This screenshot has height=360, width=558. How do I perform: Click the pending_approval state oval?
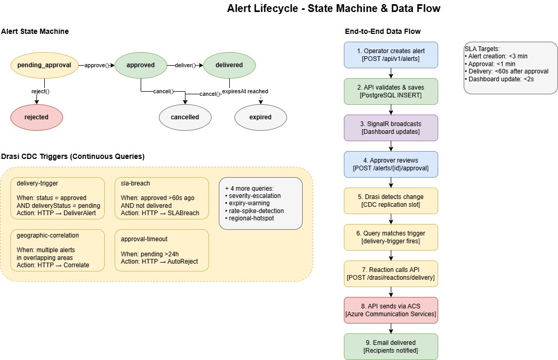(44, 65)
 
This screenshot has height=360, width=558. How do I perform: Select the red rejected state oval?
(36, 117)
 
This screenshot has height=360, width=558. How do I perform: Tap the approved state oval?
(141, 65)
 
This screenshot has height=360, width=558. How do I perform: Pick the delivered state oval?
(230, 65)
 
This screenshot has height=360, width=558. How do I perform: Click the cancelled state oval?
(185, 117)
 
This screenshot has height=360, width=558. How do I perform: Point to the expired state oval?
(261, 117)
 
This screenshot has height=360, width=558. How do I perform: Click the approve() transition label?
(96, 65)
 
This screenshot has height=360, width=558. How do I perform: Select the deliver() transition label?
(185, 65)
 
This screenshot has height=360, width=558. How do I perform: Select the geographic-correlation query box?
(58, 250)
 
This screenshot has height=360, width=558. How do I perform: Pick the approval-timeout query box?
(162, 250)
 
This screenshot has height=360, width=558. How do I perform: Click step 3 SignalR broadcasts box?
(391, 128)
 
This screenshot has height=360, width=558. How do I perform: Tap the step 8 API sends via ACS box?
(391, 310)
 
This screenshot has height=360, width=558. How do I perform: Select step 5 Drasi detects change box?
(391, 201)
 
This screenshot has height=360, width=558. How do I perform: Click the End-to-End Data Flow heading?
(382, 32)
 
